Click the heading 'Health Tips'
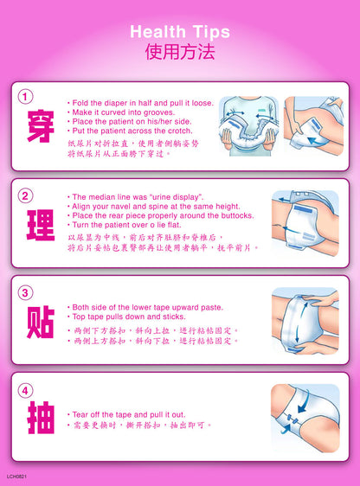(180, 32)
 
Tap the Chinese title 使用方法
(180, 52)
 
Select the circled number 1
(25, 97)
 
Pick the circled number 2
(25, 196)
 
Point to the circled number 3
(25, 293)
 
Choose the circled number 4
(25, 391)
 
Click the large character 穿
(41, 126)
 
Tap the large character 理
(41, 225)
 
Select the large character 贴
(41, 322)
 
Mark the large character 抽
(41, 418)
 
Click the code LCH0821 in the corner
(16, 476)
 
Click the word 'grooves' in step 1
(159, 112)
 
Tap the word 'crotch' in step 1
(180, 131)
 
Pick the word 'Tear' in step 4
(80, 414)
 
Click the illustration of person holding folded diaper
(248, 126)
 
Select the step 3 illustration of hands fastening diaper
(305, 321)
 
